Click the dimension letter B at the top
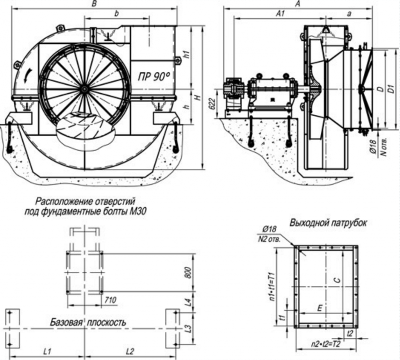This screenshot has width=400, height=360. point(93,4)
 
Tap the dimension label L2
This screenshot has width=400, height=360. point(130,351)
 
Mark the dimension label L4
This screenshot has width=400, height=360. point(188,301)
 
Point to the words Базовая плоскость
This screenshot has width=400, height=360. point(88,323)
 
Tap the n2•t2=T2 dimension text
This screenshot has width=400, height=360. point(326,345)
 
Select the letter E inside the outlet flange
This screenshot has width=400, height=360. point(319,308)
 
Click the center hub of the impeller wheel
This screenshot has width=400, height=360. point(84,89)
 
